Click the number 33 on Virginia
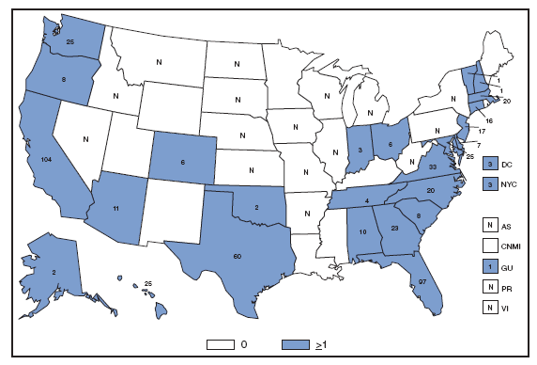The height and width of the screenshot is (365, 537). click(432, 167)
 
